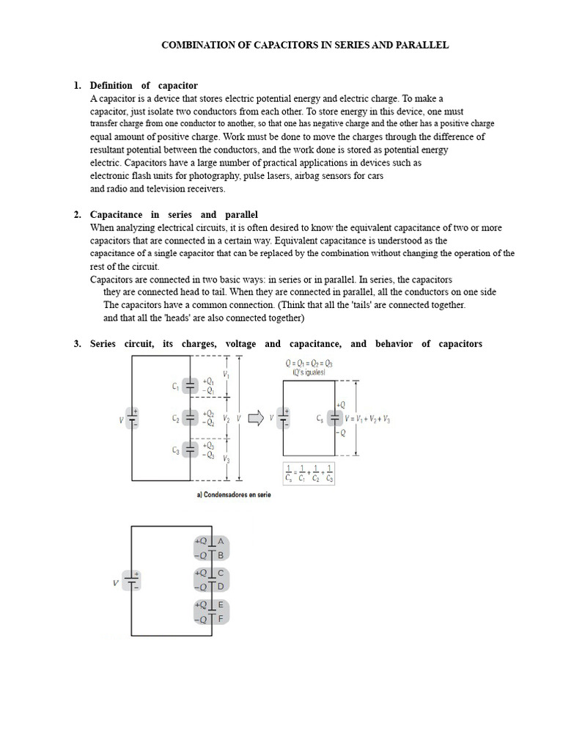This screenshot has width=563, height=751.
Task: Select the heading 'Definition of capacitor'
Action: tap(144, 86)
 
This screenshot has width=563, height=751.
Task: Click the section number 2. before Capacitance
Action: tap(78, 215)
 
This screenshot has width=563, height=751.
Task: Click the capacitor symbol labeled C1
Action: tap(190, 385)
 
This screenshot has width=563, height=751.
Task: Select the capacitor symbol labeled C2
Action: tap(190, 418)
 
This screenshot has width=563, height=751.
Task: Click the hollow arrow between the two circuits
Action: tap(257, 418)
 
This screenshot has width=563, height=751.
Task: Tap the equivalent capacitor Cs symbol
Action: tap(334, 418)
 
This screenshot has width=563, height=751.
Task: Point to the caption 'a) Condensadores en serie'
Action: tap(234, 495)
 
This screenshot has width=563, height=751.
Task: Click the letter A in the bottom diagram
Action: tap(221, 541)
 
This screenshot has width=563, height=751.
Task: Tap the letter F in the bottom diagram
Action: tap(221, 619)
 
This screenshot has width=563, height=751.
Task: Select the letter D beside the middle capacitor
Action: tap(221, 587)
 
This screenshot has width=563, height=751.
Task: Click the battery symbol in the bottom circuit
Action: tap(131, 582)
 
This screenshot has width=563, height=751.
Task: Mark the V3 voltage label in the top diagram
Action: tap(227, 459)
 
